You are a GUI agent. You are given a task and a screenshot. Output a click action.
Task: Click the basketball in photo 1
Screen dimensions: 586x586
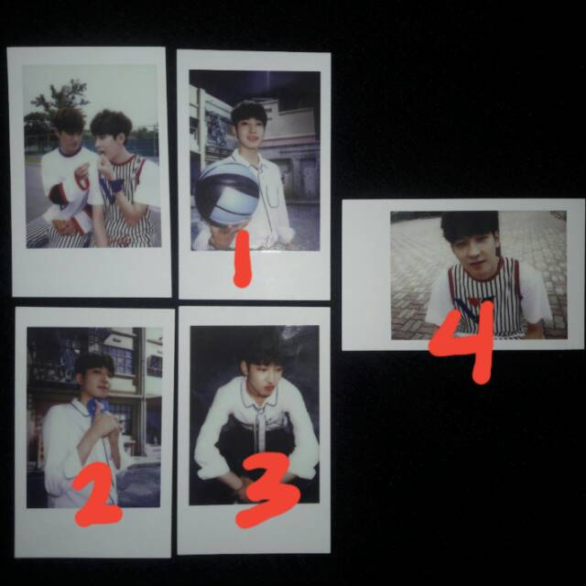pyautogui.click(x=226, y=193)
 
